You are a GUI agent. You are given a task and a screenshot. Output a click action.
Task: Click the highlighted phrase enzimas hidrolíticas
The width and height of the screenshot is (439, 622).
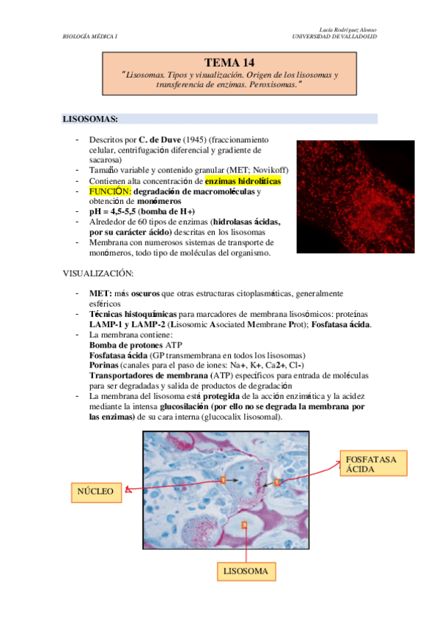(x=243, y=181)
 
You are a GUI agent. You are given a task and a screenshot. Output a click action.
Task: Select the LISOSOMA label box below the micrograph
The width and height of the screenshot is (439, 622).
(x=246, y=571)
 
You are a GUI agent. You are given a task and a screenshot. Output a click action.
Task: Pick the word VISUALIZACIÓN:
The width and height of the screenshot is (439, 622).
(x=98, y=274)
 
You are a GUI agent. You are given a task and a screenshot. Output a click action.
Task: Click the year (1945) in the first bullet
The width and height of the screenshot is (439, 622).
(x=195, y=139)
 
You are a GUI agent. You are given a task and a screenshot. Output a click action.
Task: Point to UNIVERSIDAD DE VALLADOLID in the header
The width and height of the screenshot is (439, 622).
(x=334, y=36)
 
